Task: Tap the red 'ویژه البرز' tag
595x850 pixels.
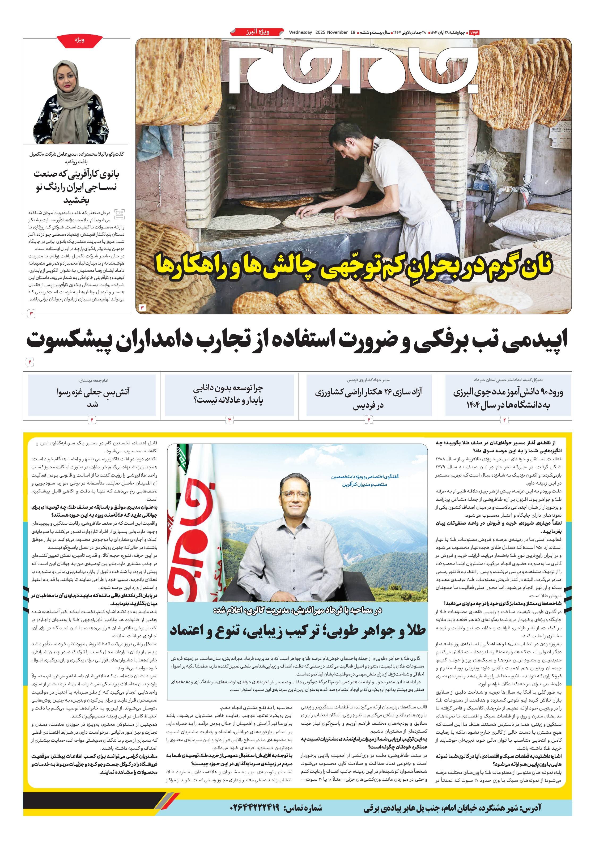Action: (x=258, y=32)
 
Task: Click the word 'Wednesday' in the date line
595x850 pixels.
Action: (x=301, y=32)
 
